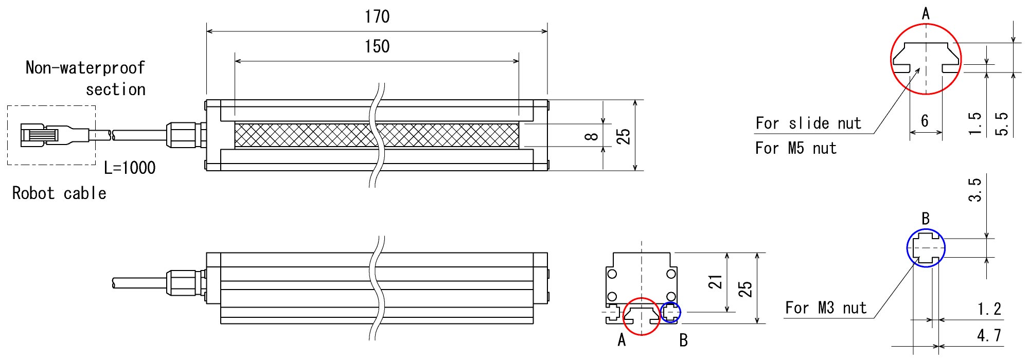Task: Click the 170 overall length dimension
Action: pyautogui.click(x=377, y=17)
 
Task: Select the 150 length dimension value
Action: pyautogui.click(x=377, y=47)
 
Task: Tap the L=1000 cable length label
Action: pyautogui.click(x=130, y=168)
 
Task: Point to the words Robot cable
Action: pyautogui.click(x=59, y=193)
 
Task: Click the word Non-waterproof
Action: pyautogui.click(x=85, y=67)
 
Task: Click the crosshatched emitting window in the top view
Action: pyautogui.click(x=377, y=135)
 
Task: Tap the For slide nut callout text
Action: pyautogui.click(x=808, y=123)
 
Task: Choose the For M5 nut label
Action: pyautogui.click(x=796, y=149)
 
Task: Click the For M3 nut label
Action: pyautogui.click(x=826, y=308)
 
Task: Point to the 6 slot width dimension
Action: pyautogui.click(x=925, y=120)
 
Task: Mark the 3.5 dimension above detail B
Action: pyautogui.click(x=975, y=190)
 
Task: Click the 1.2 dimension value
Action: pyautogui.click(x=989, y=309)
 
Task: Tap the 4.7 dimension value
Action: pyautogui.click(x=989, y=336)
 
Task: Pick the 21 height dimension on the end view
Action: pyautogui.click(x=716, y=282)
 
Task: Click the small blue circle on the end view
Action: pyautogui.click(x=670, y=312)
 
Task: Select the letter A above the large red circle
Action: pyautogui.click(x=926, y=14)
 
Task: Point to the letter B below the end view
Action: pyautogui.click(x=683, y=340)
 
